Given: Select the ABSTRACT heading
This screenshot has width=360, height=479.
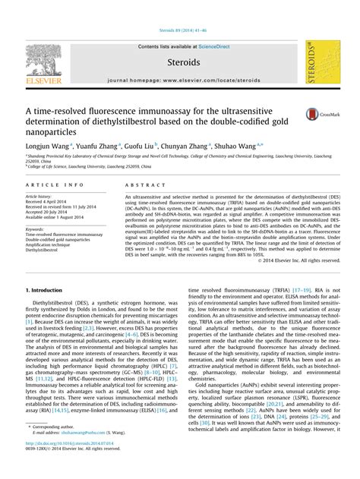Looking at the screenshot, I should [x=141, y=185].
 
